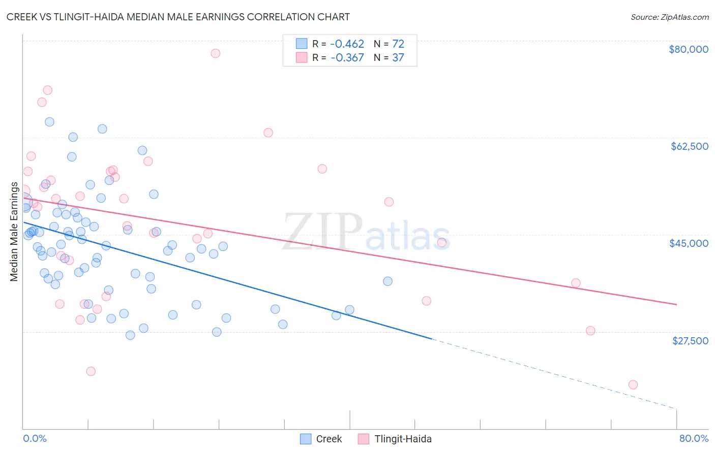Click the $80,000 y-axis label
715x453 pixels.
tap(688, 49)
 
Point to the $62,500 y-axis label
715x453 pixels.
tap(689, 146)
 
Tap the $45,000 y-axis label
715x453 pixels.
tap(689, 243)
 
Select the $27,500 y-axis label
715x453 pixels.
tap(690, 341)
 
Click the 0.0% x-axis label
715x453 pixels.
tap(35, 438)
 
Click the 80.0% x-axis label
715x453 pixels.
tap(694, 438)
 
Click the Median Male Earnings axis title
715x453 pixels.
tap(14, 231)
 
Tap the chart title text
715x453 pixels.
tap(178, 17)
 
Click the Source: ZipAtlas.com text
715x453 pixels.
tap(669, 17)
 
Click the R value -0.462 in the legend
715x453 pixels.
tap(347, 44)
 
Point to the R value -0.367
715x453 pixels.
tap(347, 58)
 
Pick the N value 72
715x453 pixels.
tap(398, 44)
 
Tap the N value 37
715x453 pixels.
tap(398, 58)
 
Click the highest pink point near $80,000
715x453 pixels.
tap(215, 53)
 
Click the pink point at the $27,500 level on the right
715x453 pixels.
tap(590, 331)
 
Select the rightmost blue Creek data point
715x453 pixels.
tap(388, 281)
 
